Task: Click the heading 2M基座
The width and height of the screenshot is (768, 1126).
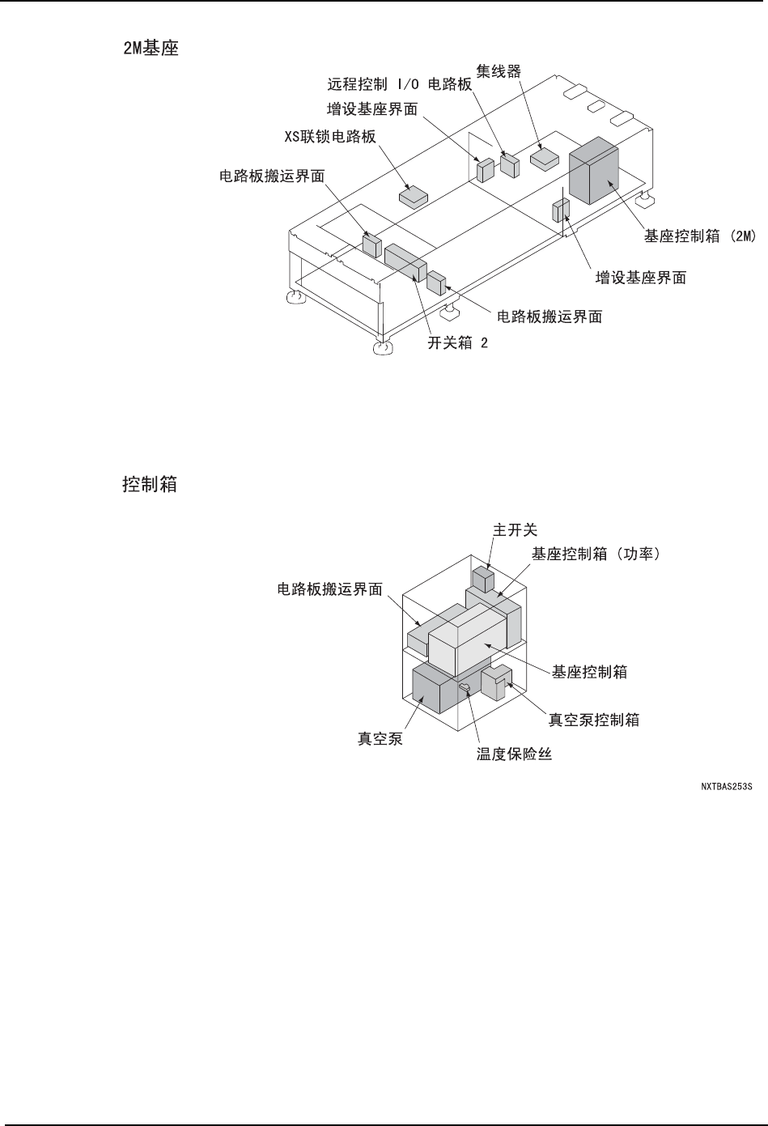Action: tap(150, 49)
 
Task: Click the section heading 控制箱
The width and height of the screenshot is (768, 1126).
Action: tap(150, 486)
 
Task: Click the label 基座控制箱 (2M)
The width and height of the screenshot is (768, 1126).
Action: tap(699, 236)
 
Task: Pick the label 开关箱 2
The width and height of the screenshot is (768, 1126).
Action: tap(458, 342)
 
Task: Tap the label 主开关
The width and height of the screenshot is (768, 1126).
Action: tap(516, 529)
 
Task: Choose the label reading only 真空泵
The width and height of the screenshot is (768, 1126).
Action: tap(380, 738)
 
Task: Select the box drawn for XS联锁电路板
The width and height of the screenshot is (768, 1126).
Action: tap(415, 195)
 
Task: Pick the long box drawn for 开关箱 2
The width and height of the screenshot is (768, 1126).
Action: tap(405, 261)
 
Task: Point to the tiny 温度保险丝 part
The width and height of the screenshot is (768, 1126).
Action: tap(465, 687)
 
